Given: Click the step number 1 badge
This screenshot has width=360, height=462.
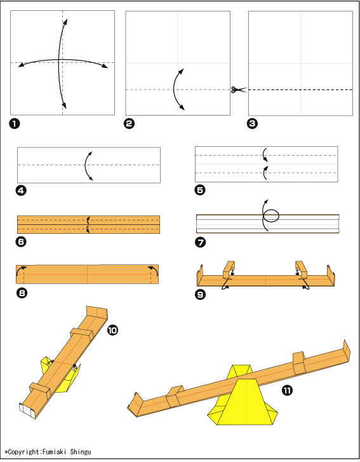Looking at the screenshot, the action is tap(14, 123).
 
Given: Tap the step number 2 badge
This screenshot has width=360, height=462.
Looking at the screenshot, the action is tap(130, 123).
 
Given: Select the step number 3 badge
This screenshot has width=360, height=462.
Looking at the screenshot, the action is tap(252, 123).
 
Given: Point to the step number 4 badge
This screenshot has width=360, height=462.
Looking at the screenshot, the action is tap(21, 191).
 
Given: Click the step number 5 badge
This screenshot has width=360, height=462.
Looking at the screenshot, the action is tap(200, 190).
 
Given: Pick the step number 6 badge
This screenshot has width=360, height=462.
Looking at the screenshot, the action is tap(21, 242).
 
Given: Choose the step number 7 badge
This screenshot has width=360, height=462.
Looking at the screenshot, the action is tap(201, 243).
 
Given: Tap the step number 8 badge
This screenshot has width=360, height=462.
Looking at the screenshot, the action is tap(22, 293).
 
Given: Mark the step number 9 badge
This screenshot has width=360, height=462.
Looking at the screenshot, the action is tap(200, 294).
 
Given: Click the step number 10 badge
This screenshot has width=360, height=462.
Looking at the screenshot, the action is tap(112, 330).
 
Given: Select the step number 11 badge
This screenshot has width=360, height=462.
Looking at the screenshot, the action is tap(287, 390).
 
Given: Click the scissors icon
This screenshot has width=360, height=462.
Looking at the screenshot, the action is tap(239, 90).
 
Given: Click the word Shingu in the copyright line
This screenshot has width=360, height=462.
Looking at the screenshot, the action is tap(81, 452).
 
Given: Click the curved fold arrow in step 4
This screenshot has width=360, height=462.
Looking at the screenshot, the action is tap(85, 165).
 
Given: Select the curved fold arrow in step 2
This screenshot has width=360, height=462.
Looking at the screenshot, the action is tap(174, 89).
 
